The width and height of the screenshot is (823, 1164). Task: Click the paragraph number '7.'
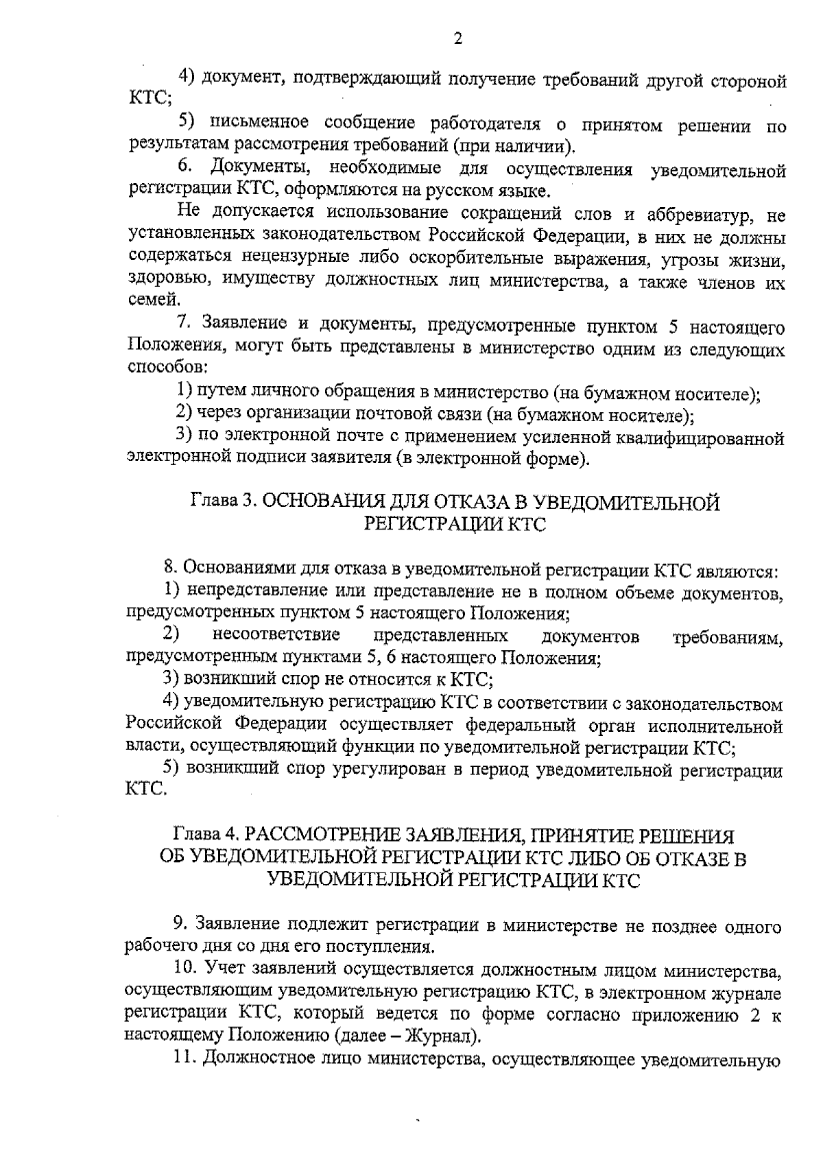[x=182, y=325]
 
